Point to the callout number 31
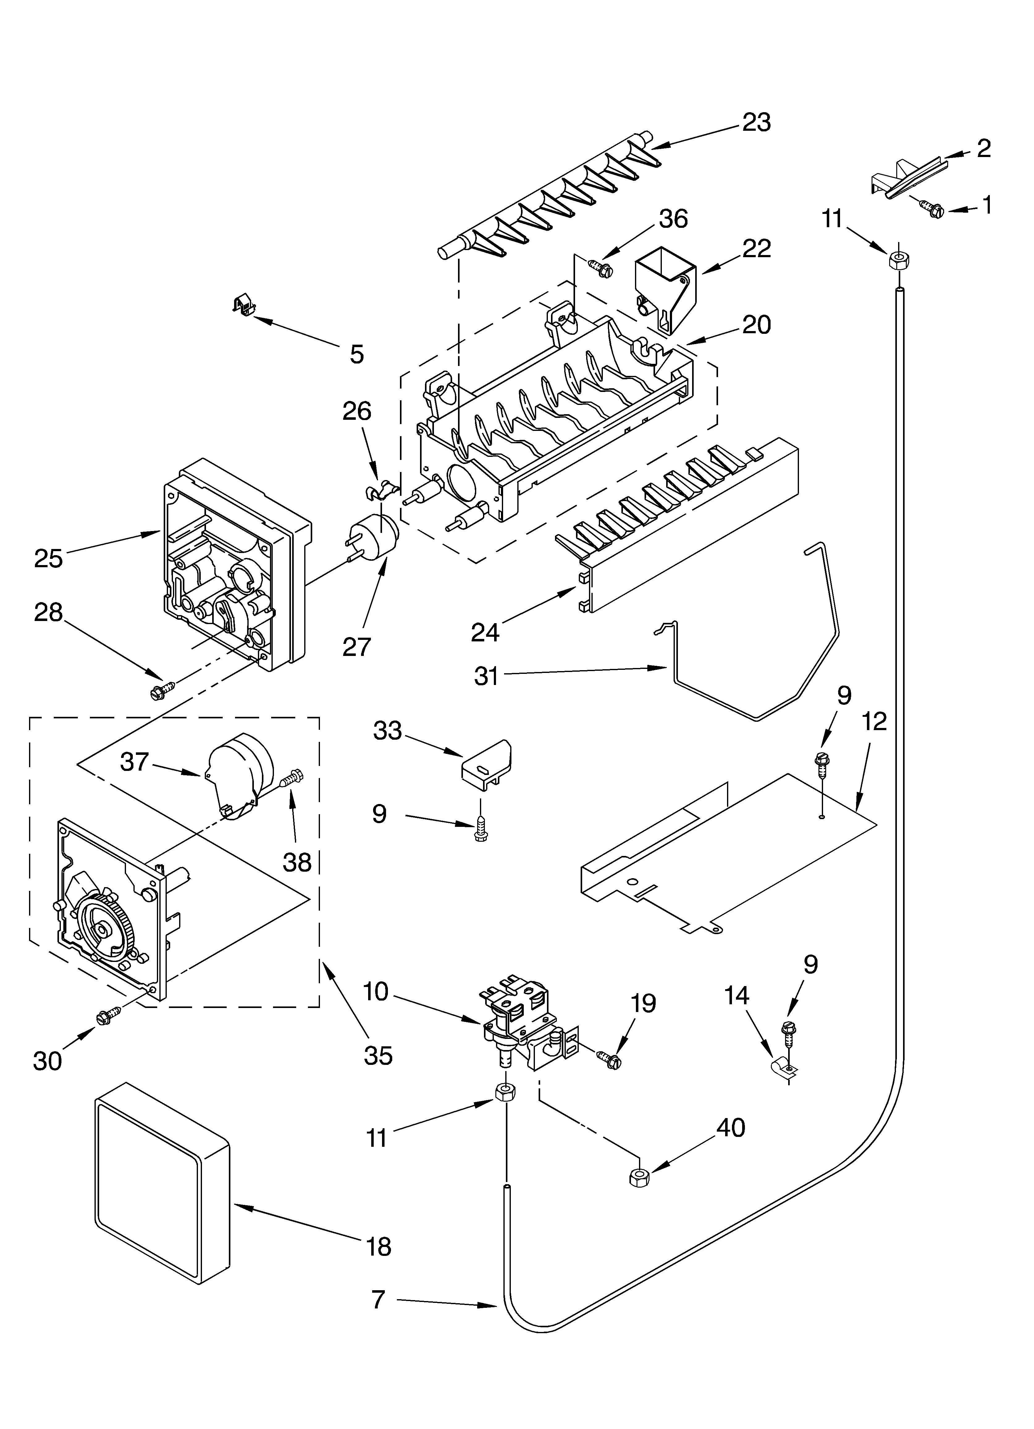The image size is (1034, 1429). point(486,676)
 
